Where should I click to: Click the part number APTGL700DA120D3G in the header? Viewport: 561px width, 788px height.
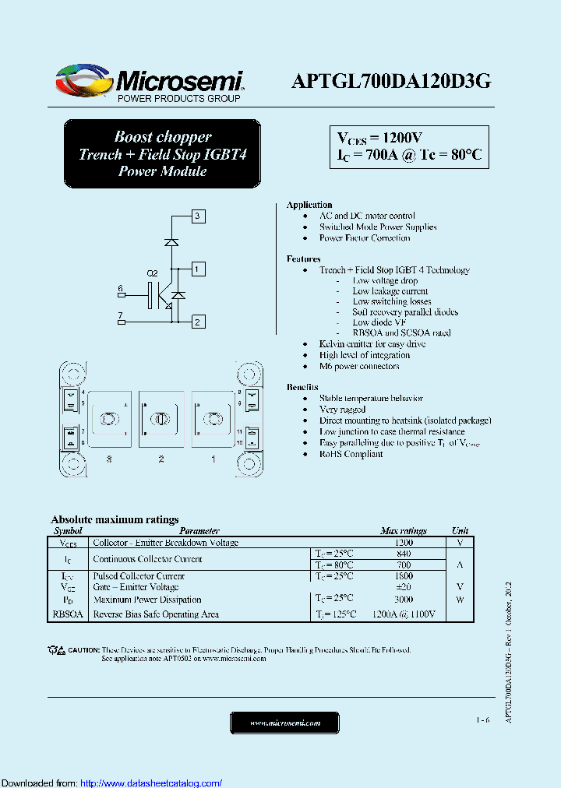click(x=390, y=81)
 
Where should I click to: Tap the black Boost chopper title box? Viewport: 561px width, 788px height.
click(x=162, y=154)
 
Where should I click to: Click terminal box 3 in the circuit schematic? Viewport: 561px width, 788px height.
click(x=198, y=216)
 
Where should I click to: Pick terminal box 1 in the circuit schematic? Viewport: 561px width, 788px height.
click(x=198, y=269)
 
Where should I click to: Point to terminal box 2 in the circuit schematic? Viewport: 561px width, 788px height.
click(x=198, y=322)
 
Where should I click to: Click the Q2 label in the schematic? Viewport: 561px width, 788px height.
click(x=153, y=273)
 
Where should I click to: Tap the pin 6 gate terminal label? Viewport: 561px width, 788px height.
click(x=121, y=290)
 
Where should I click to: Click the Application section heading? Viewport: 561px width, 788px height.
click(x=309, y=205)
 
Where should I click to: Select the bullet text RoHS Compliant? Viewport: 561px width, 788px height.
click(x=351, y=454)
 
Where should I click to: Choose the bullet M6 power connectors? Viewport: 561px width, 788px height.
click(x=359, y=366)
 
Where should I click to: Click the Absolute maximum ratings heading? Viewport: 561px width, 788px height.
click(x=115, y=519)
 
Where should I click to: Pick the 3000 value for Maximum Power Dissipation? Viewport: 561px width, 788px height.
click(x=404, y=600)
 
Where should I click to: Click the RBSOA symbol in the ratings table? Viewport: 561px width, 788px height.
click(x=68, y=614)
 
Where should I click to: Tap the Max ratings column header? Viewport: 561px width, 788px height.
click(x=404, y=531)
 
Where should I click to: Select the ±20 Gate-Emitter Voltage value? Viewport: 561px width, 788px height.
click(x=404, y=587)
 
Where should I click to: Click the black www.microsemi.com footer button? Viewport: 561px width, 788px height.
click(x=284, y=723)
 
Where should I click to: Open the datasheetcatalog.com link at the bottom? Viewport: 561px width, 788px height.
click(x=151, y=783)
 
